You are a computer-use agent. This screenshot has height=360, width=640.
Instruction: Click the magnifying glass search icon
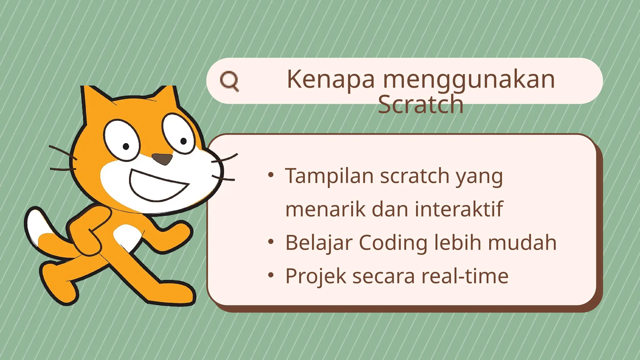pos(229,81)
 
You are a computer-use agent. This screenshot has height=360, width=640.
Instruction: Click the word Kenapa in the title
pos(330,79)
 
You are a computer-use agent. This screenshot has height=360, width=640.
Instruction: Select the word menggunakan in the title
pos(469,80)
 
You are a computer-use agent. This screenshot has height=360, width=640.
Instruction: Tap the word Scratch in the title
pos(420,105)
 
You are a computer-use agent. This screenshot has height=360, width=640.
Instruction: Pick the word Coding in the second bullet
pos(393,243)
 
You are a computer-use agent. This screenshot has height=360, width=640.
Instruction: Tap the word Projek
pos(316,277)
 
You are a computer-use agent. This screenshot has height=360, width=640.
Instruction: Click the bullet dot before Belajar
pos(271,242)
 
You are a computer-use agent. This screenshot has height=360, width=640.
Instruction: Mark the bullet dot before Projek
pos(271,275)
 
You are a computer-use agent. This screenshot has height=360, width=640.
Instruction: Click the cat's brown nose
pos(162,159)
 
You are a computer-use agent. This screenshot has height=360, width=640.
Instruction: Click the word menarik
pos(325,209)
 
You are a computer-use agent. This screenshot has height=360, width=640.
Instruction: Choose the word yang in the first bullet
pos(479,177)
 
